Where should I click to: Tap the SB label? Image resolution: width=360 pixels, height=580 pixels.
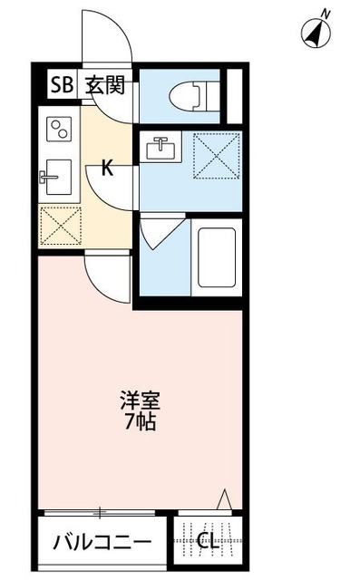pos(61,87)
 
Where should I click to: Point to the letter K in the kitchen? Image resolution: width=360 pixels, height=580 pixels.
pos(107,168)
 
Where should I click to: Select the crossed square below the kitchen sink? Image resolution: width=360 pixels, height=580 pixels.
pos(59,225)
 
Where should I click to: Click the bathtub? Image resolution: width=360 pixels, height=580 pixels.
pos(215,256)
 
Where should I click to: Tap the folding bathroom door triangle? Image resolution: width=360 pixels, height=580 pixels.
pos(156,236)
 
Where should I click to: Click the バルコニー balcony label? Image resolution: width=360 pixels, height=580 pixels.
pos(102,544)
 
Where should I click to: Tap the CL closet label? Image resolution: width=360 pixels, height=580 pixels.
pos(208,543)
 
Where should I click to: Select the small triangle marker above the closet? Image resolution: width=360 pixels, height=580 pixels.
pos(227,498)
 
